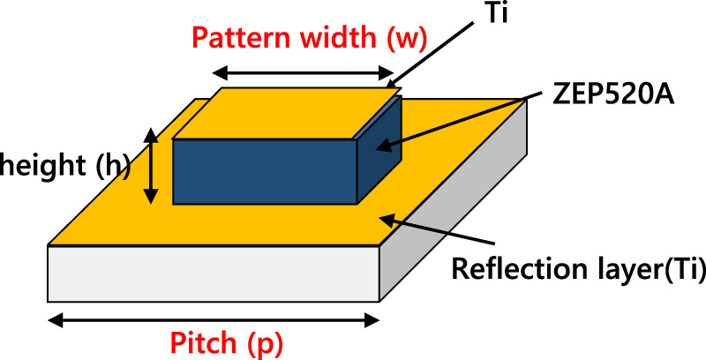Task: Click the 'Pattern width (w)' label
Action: pos(310,38)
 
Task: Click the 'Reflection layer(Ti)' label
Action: pos(578,268)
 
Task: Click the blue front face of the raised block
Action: pos(263,169)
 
